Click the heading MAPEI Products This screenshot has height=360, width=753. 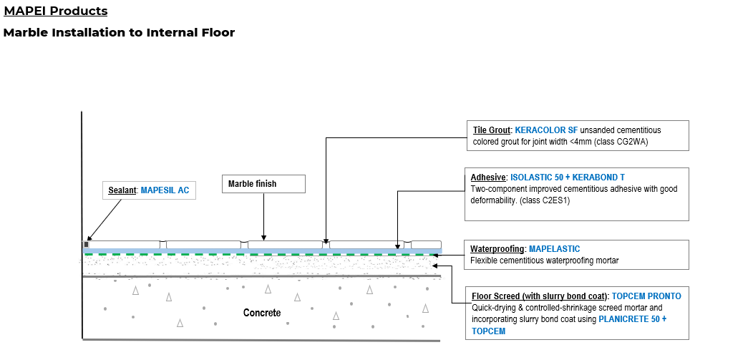pos(56,11)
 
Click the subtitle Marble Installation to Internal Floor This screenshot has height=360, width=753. pos(119,33)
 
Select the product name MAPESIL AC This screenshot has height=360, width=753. pos(165,190)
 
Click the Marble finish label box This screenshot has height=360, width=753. pos(263,184)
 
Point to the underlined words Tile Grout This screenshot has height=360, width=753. pos(492,130)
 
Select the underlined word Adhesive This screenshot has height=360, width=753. pos(488,177)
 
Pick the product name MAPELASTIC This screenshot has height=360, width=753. pos(555,248)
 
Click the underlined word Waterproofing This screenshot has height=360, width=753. pos(497,248)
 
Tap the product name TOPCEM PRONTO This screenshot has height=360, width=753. pos(647,296)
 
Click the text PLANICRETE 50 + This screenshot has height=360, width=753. pos(632,319)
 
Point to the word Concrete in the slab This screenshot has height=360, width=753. pos(262,313)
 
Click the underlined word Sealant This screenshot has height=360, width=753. pos(122,190)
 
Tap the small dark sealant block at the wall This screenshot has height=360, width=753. pos(87,244)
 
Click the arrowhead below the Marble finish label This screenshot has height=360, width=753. pos(264,237)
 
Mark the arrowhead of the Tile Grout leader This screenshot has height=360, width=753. pos(326,242)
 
